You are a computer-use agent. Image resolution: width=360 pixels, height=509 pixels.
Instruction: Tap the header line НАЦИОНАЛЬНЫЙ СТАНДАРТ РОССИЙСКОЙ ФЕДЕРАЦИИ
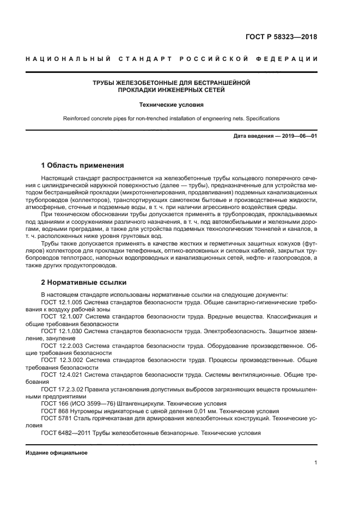tap(172, 59)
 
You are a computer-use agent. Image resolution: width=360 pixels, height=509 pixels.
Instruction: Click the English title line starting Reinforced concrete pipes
tap(172, 118)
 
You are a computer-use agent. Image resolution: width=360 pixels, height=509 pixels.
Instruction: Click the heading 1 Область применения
tap(83, 165)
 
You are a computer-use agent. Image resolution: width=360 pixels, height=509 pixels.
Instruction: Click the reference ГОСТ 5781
tap(56, 419)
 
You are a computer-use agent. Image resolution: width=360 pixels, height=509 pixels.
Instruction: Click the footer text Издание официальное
tap(57, 453)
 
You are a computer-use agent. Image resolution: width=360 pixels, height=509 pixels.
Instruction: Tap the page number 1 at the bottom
tap(315, 462)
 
